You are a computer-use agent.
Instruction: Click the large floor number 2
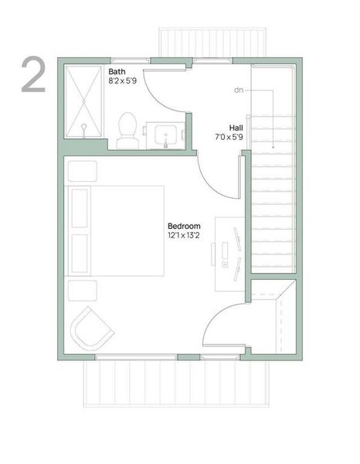click(x=32, y=75)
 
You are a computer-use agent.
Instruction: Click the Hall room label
click(x=236, y=128)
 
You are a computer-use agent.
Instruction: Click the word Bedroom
click(x=184, y=226)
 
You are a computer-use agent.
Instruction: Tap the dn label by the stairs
click(x=240, y=90)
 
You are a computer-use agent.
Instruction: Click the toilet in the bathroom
click(x=127, y=129)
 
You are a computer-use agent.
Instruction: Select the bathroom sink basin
click(x=165, y=135)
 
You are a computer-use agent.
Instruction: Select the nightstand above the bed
click(x=82, y=171)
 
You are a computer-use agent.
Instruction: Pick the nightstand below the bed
click(x=82, y=290)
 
